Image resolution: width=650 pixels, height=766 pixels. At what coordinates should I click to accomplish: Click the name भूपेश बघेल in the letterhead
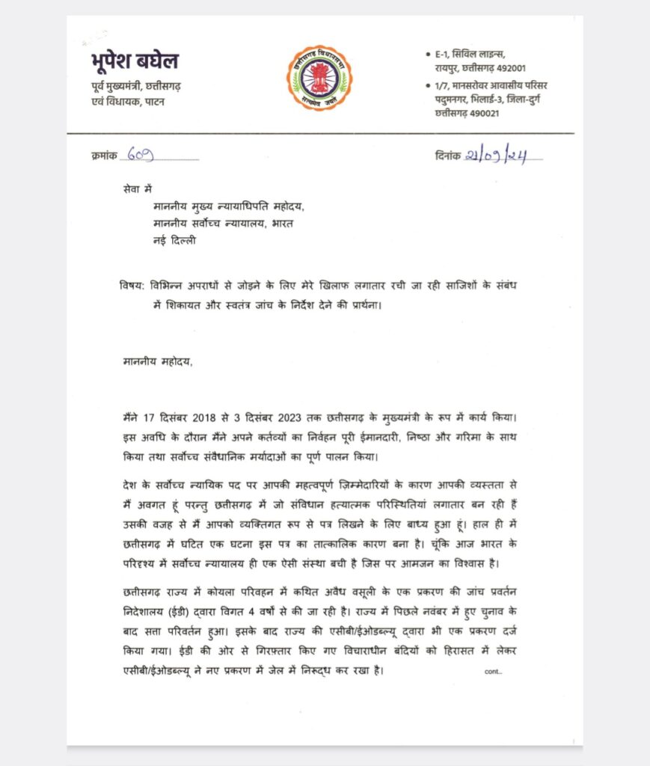[130, 61]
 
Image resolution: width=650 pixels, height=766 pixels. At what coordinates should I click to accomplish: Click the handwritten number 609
[141, 156]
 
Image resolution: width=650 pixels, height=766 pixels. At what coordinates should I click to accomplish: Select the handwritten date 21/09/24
[503, 156]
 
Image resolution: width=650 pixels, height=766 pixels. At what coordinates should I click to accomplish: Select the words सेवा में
[138, 191]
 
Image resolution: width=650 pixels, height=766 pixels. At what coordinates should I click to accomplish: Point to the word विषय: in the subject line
[133, 285]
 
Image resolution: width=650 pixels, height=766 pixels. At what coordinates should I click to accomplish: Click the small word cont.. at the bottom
[493, 672]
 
